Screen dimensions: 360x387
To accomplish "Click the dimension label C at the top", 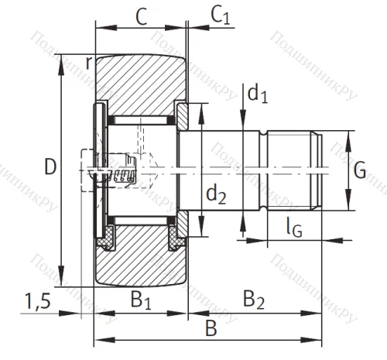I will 140,15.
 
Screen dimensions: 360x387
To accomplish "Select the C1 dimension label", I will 221,15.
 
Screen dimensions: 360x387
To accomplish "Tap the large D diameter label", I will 50,166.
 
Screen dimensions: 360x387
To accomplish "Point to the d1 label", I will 258,94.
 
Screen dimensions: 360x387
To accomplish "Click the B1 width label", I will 140,299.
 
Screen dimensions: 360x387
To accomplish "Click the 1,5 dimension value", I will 38,300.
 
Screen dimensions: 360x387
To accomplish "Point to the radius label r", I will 90,63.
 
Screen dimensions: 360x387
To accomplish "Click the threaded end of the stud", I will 294,170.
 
